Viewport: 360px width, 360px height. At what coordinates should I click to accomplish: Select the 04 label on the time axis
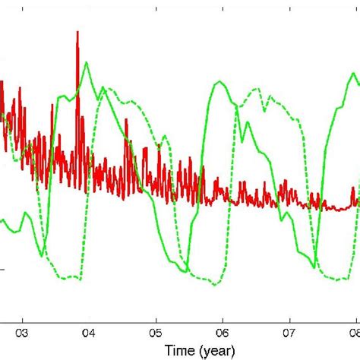(89, 331)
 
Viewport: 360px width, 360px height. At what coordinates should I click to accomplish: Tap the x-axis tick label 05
(156, 331)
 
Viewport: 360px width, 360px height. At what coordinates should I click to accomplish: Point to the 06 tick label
(223, 331)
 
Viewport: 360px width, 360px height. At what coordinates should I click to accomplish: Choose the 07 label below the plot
(289, 331)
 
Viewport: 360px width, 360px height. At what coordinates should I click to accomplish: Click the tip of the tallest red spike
(78, 32)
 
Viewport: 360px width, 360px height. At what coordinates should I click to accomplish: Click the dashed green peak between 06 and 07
(258, 88)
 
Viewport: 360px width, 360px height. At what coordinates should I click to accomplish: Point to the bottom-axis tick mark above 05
(156, 317)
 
